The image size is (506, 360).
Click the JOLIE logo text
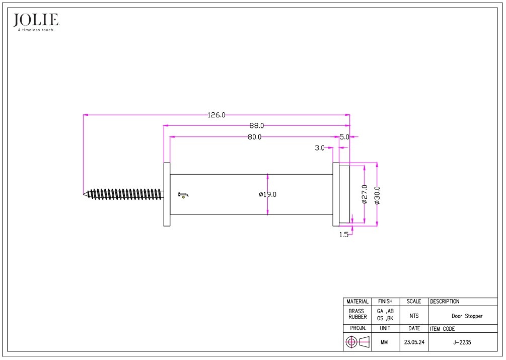tap(36, 20)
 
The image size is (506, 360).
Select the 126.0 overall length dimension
tap(216, 115)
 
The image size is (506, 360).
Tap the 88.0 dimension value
tap(256, 126)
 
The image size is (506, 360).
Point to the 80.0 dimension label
tap(254, 137)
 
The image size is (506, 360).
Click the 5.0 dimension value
tap(344, 137)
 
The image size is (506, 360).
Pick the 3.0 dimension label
tap(320, 148)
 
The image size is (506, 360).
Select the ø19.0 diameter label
tap(268, 194)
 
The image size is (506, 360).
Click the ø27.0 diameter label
tap(365, 194)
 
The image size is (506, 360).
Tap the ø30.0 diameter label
tap(377, 195)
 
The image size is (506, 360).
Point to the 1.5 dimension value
tap(344, 235)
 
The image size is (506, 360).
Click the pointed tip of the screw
tap(85, 194)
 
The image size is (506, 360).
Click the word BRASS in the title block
tap(356, 311)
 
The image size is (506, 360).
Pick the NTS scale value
tap(414, 316)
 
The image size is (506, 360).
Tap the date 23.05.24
tap(413, 342)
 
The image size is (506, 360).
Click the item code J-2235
tap(462, 342)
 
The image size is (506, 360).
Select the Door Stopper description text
tap(467, 316)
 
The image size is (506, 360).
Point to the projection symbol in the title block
tap(357, 342)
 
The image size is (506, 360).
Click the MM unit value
tap(385, 342)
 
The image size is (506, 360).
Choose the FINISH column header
tap(385, 302)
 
